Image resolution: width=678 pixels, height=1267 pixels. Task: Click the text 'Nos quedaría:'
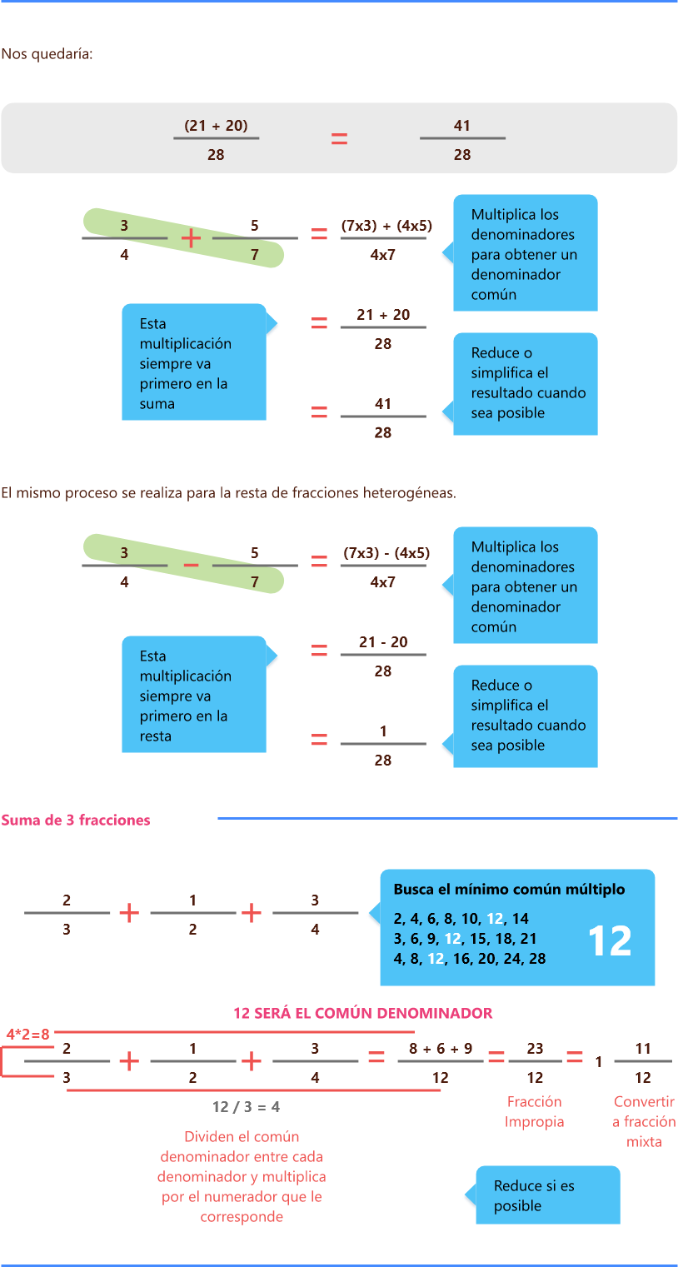click(x=47, y=55)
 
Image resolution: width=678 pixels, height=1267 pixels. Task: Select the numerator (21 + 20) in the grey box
click(x=216, y=126)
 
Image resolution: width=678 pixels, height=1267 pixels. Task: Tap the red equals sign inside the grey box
click(x=339, y=139)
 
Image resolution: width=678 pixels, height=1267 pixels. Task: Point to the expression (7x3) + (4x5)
click(x=386, y=226)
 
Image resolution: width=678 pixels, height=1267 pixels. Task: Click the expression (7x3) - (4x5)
click(x=386, y=553)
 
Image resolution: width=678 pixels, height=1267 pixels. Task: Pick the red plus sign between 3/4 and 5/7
click(x=191, y=238)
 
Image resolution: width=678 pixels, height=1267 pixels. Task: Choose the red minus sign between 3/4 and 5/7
click(x=191, y=566)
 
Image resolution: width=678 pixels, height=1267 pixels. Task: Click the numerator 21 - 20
click(x=382, y=642)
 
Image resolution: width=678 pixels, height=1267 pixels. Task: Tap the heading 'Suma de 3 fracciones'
click(x=76, y=821)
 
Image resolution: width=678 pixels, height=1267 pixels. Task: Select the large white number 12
click(x=610, y=940)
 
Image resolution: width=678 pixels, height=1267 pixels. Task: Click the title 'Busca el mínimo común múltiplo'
click(x=509, y=890)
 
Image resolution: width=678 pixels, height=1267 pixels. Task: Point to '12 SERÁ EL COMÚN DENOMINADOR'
click(x=362, y=1014)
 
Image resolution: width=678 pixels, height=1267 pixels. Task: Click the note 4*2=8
click(x=27, y=1035)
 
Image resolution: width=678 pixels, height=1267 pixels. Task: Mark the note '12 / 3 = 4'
click(x=246, y=1107)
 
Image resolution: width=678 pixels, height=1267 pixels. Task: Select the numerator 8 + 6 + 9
click(x=441, y=1049)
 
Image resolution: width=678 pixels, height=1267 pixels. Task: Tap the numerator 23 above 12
click(x=535, y=1049)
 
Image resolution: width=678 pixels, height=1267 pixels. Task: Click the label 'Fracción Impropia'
click(x=534, y=1112)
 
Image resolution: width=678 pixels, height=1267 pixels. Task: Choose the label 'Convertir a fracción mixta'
click(x=643, y=1122)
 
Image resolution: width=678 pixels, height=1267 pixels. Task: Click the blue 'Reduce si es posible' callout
click(x=547, y=1196)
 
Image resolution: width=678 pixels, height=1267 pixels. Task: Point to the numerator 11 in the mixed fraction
click(x=642, y=1049)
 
